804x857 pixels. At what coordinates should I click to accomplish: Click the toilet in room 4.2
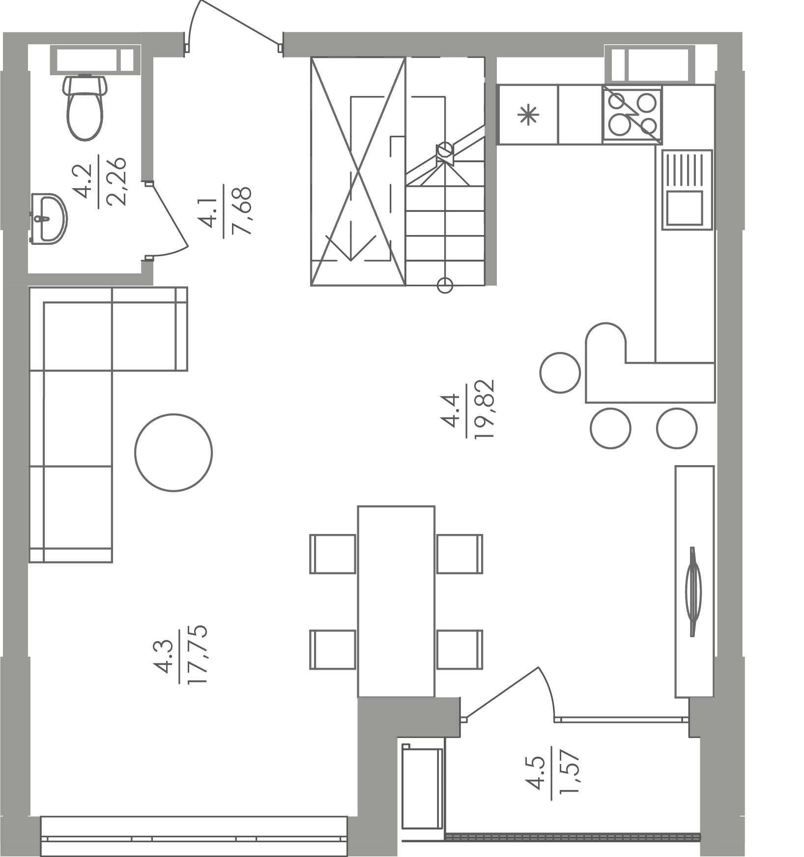point(85,107)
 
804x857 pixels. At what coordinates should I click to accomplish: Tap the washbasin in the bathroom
point(48,218)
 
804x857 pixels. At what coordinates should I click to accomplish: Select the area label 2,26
point(117,181)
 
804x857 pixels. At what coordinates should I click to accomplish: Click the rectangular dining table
point(396,601)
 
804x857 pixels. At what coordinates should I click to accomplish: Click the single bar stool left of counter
point(560,373)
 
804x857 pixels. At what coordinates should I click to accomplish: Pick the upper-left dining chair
point(333,554)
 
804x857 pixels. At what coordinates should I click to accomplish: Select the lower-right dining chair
point(459,650)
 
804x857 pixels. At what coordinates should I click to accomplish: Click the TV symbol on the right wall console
point(693,591)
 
